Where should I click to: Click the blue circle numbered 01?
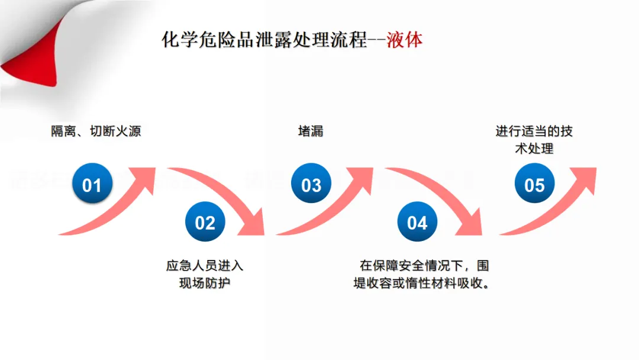92,185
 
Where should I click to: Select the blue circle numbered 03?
311,185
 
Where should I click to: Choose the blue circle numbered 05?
534,185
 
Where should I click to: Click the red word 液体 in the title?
405,40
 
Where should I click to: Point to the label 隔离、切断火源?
96,131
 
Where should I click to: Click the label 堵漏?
311,131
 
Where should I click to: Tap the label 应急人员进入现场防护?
205,274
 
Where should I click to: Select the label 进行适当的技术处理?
534,139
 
